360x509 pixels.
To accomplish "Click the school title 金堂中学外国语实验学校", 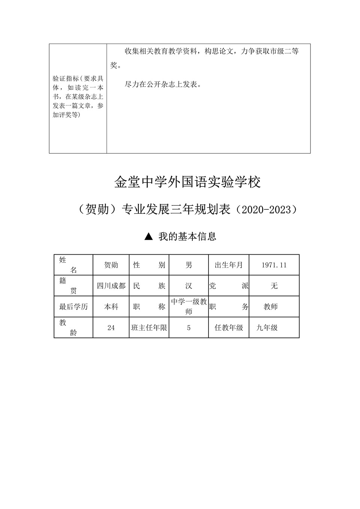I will click(x=187, y=182).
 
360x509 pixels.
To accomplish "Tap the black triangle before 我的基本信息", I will click(x=148, y=236).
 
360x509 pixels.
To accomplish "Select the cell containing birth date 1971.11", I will click(x=274, y=265).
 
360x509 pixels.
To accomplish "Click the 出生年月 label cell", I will click(x=229, y=265).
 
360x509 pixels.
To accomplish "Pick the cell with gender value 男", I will click(x=189, y=265).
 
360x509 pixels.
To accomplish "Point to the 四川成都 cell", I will click(x=111, y=286).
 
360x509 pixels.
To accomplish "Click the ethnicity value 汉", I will click(x=189, y=286).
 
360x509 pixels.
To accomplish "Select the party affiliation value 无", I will click(x=274, y=286).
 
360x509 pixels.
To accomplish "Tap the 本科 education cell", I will click(x=111, y=307).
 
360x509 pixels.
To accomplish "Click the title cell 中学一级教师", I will click(x=189, y=306).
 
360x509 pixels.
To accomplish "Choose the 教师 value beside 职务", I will click(x=270, y=307).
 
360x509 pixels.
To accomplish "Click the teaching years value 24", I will click(x=111, y=328).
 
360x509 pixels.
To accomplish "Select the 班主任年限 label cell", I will click(x=149, y=328).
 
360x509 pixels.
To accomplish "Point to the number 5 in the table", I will click(x=189, y=328).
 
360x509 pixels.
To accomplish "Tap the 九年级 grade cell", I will click(x=267, y=328).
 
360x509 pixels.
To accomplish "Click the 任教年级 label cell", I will click(x=229, y=328).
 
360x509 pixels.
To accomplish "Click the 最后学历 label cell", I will click(x=73, y=307).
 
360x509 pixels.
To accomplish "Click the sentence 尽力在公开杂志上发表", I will click(x=163, y=85).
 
